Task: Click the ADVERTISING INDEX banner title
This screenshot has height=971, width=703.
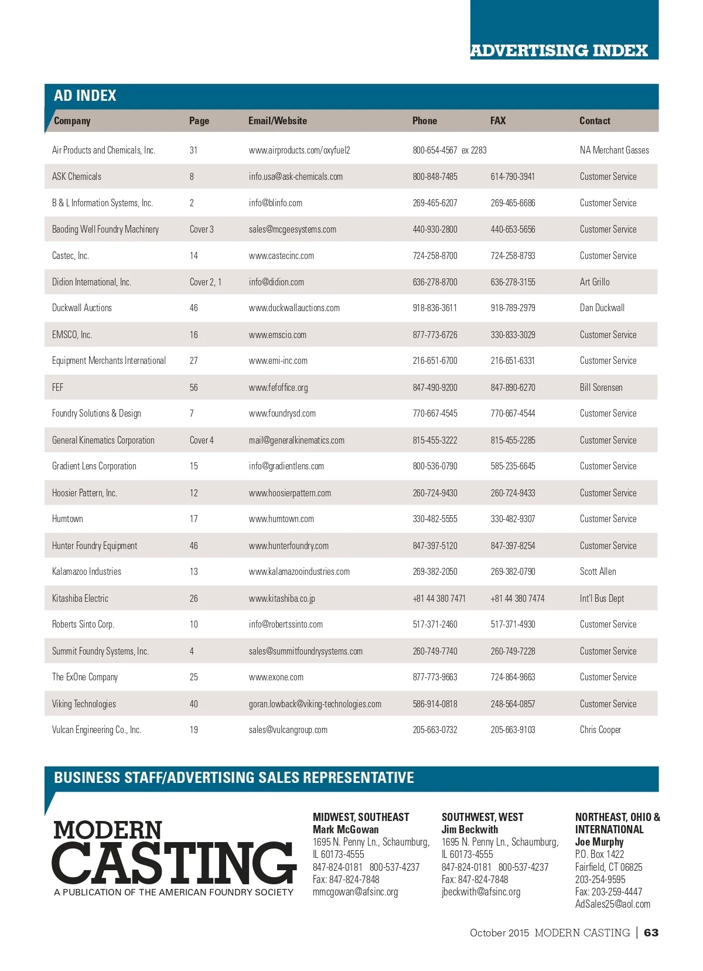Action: [559, 51]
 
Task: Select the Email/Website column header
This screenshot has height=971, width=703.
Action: [277, 121]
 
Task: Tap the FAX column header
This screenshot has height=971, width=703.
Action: [497, 121]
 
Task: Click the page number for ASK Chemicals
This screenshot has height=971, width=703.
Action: [192, 176]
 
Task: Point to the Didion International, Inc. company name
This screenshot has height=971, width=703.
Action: [91, 282]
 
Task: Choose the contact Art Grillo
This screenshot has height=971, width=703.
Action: [594, 282]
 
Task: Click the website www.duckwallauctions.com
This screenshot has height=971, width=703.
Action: [294, 308]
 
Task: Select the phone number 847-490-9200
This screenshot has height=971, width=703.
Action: [435, 387]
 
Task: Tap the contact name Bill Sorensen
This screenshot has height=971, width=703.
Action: [600, 387]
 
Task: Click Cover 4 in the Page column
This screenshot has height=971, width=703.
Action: [202, 440]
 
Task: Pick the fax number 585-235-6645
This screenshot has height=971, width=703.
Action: [513, 466]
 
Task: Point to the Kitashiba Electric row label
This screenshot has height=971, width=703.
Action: [80, 598]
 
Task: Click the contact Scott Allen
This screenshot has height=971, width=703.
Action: [598, 571]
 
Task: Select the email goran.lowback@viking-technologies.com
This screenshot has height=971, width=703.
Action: [315, 704]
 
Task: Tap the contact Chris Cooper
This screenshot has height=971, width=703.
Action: [600, 730]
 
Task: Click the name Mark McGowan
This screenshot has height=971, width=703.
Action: [345, 829]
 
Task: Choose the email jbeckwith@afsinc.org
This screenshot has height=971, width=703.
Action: [480, 892]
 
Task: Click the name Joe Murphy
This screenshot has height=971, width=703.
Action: [599, 841]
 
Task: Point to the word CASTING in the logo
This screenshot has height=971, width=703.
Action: [174, 863]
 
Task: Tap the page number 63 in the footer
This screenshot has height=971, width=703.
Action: [651, 932]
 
